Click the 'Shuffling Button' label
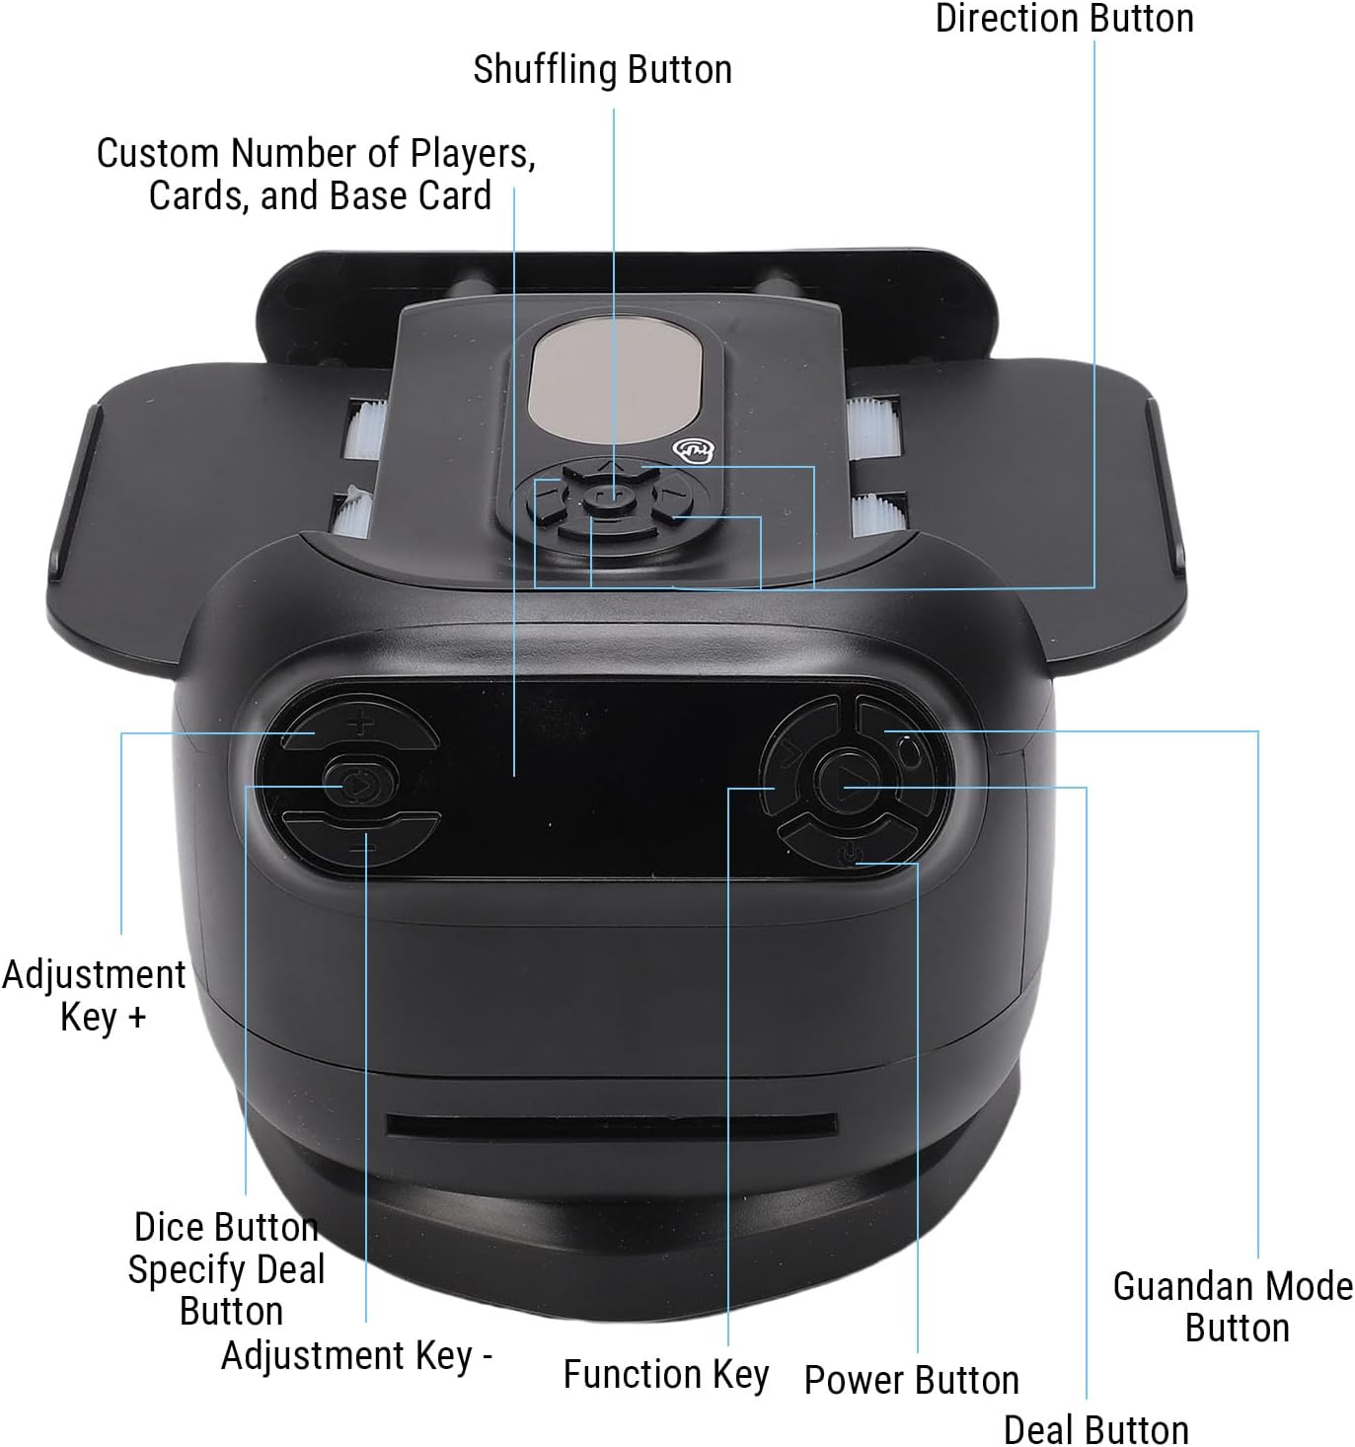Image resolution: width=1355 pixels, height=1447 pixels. pos(602,70)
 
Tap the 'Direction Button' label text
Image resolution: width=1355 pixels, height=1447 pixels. pos(1064,19)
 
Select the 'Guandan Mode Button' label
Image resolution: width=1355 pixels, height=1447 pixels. pos(1234,1307)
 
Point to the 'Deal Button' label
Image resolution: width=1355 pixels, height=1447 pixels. pos(1095,1428)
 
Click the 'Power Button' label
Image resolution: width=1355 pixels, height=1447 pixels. pos(911,1379)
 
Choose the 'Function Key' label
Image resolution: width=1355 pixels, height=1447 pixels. pos(665,1373)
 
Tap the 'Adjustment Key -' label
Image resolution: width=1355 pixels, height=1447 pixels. pos(356,1355)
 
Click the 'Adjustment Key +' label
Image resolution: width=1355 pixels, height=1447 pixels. pos(95,995)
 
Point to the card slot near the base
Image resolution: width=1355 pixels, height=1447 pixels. pos(612,1123)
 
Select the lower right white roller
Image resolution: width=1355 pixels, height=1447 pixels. pos(874,512)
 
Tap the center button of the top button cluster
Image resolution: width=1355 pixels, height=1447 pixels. pos(609,496)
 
